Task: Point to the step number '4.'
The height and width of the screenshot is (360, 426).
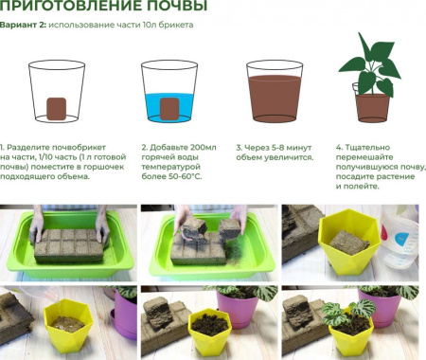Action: point(339,148)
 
